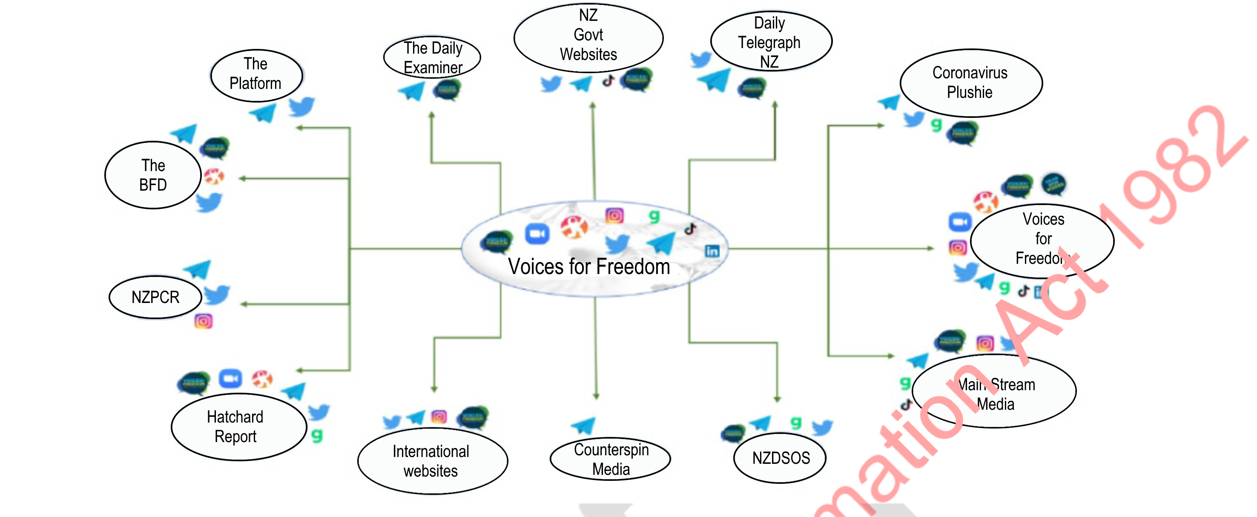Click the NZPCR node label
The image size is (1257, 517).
(x=155, y=297)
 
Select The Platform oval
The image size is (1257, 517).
(x=256, y=74)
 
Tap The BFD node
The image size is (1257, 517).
(x=153, y=175)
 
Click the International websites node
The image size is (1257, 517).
(x=432, y=461)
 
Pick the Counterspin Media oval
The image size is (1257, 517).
(x=611, y=459)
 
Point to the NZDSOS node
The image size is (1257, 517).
(x=780, y=458)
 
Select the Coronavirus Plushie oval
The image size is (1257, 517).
(x=970, y=83)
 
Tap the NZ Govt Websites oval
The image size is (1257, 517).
(x=588, y=37)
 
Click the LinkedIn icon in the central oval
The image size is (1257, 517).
(x=712, y=251)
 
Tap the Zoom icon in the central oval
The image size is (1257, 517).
(x=537, y=234)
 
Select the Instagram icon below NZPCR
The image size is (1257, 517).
(x=204, y=321)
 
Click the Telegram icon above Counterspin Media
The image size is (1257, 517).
(x=584, y=426)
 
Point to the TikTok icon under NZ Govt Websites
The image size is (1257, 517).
(x=608, y=80)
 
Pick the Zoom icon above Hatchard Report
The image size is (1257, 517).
(x=230, y=378)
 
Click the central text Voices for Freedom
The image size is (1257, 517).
(x=588, y=267)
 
